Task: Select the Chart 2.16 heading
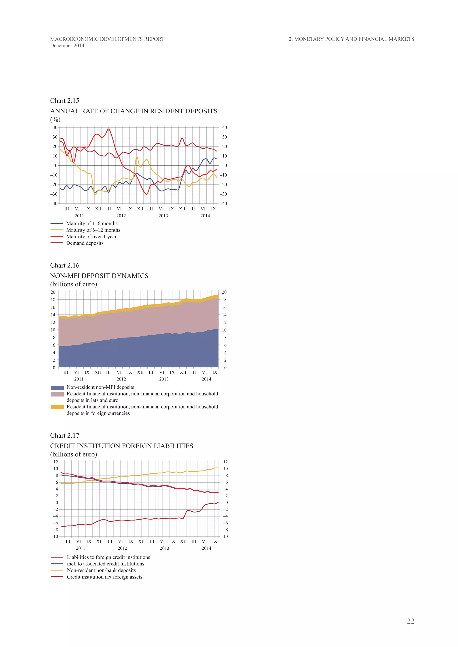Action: click(x=65, y=265)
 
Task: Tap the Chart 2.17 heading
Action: click(x=65, y=435)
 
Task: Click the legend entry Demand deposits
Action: click(x=85, y=243)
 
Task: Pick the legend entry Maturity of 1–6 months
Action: click(x=92, y=223)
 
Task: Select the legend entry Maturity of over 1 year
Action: click(x=91, y=237)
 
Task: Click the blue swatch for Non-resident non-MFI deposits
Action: click(x=57, y=388)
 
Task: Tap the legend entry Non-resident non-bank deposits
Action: click(x=101, y=570)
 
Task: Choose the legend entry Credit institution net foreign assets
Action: click(x=104, y=577)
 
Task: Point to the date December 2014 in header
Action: click(x=67, y=46)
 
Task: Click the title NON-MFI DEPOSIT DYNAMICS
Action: click(x=99, y=276)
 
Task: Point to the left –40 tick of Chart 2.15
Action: click(x=54, y=204)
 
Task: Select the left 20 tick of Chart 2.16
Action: click(x=53, y=292)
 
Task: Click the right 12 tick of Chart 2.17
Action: click(x=225, y=462)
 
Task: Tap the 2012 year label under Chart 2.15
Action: click(x=121, y=216)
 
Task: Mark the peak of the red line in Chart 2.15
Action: click(x=109, y=129)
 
